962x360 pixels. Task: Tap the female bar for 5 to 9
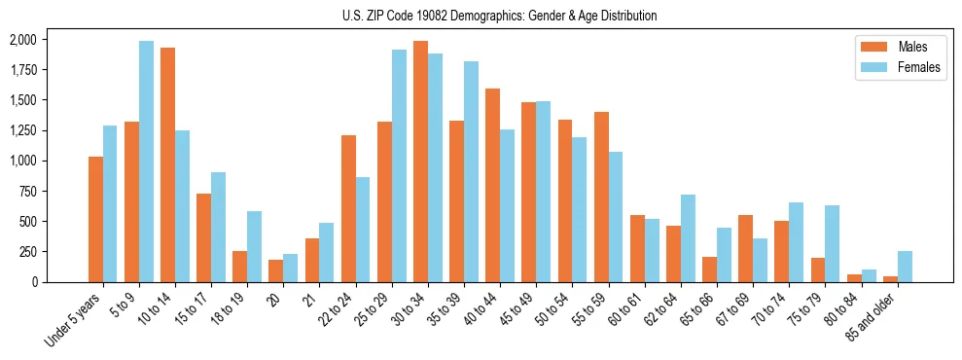[x=146, y=162]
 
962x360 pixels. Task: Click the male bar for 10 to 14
[x=167, y=164]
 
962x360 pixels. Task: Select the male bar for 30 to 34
[x=420, y=162]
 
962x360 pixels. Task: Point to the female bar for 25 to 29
[x=399, y=165]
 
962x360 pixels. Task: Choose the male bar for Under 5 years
[x=95, y=219]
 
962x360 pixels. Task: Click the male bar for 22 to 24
[x=348, y=208]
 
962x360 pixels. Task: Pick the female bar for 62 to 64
[x=688, y=238]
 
